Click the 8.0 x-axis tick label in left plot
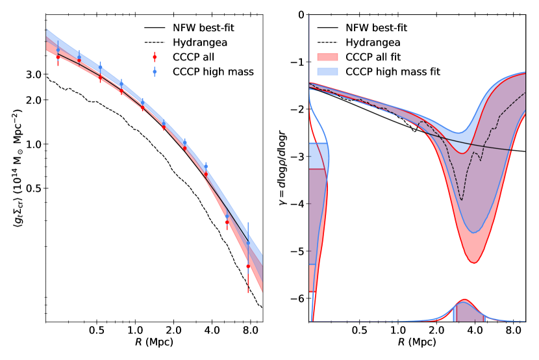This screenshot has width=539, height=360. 249,331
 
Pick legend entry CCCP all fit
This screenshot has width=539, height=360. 384,57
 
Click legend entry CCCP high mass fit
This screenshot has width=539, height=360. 393,71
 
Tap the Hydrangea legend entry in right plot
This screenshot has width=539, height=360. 373,43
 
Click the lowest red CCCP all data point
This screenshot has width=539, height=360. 248,266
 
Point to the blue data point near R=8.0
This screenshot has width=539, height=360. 248,243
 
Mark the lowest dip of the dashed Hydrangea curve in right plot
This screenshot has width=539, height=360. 462,200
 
